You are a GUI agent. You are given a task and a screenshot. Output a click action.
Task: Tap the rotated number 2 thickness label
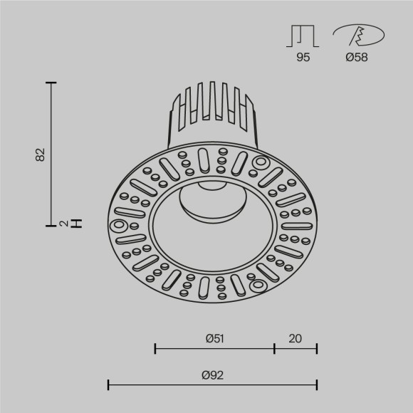pos(63,224)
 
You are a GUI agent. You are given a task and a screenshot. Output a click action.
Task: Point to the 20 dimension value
pos(295,338)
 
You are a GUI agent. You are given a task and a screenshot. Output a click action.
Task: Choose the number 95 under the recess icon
pos(303,58)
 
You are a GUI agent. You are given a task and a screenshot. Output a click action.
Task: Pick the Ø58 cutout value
pos(357,58)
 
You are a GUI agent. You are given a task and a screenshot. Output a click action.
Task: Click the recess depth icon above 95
pos(303,36)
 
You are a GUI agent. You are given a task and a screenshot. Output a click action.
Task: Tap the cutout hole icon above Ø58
pos(358,36)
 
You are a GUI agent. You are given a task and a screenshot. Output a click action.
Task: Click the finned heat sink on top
pos(211,114)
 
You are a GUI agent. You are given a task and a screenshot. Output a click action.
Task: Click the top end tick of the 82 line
pos(51,83)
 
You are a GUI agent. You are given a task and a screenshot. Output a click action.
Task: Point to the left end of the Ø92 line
pos(108,385)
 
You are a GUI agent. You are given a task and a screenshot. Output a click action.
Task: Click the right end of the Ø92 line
pos(317,385)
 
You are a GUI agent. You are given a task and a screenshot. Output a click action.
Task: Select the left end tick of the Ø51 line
pos(155,348)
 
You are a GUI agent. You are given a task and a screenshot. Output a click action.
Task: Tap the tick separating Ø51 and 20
pos(275,348)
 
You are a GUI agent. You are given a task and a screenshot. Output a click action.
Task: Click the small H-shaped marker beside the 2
pos(78,224)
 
